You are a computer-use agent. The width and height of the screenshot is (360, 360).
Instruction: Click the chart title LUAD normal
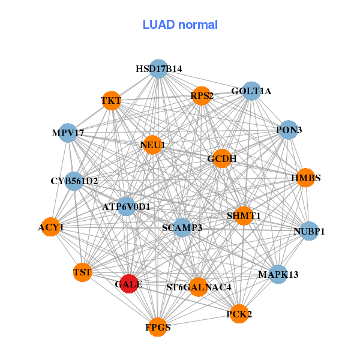coord(180,25)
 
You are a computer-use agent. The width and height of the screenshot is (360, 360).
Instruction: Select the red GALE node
coord(128,283)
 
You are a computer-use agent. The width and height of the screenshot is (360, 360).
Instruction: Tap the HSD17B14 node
coord(158,69)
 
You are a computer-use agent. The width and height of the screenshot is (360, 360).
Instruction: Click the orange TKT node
coord(111,100)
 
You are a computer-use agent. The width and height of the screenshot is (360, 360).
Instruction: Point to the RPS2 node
coord(202,95)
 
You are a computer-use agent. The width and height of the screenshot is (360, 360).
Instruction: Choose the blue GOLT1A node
coord(251,91)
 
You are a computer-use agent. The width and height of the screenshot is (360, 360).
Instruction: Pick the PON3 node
coord(289,130)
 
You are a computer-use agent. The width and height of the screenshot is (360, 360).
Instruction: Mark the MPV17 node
coord(68,132)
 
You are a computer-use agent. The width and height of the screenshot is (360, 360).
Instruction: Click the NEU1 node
coord(152,145)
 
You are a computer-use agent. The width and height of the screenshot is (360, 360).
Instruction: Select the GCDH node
coord(222,159)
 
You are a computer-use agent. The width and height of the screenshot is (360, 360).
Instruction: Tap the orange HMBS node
coord(305,178)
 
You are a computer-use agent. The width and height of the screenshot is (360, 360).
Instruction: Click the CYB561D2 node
coord(74,181)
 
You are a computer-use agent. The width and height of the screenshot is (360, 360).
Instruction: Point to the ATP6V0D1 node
coord(126,207)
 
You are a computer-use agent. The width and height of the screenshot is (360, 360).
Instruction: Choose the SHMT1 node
coord(244,215)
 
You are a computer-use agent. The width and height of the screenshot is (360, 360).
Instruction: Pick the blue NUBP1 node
coord(309,230)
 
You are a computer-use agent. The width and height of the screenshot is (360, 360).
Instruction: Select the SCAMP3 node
coord(182,227)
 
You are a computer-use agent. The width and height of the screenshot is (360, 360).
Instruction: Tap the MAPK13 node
coord(278,274)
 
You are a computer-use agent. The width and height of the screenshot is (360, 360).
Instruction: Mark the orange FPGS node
coord(158,327)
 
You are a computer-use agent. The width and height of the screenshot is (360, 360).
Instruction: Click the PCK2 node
coord(239,314)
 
